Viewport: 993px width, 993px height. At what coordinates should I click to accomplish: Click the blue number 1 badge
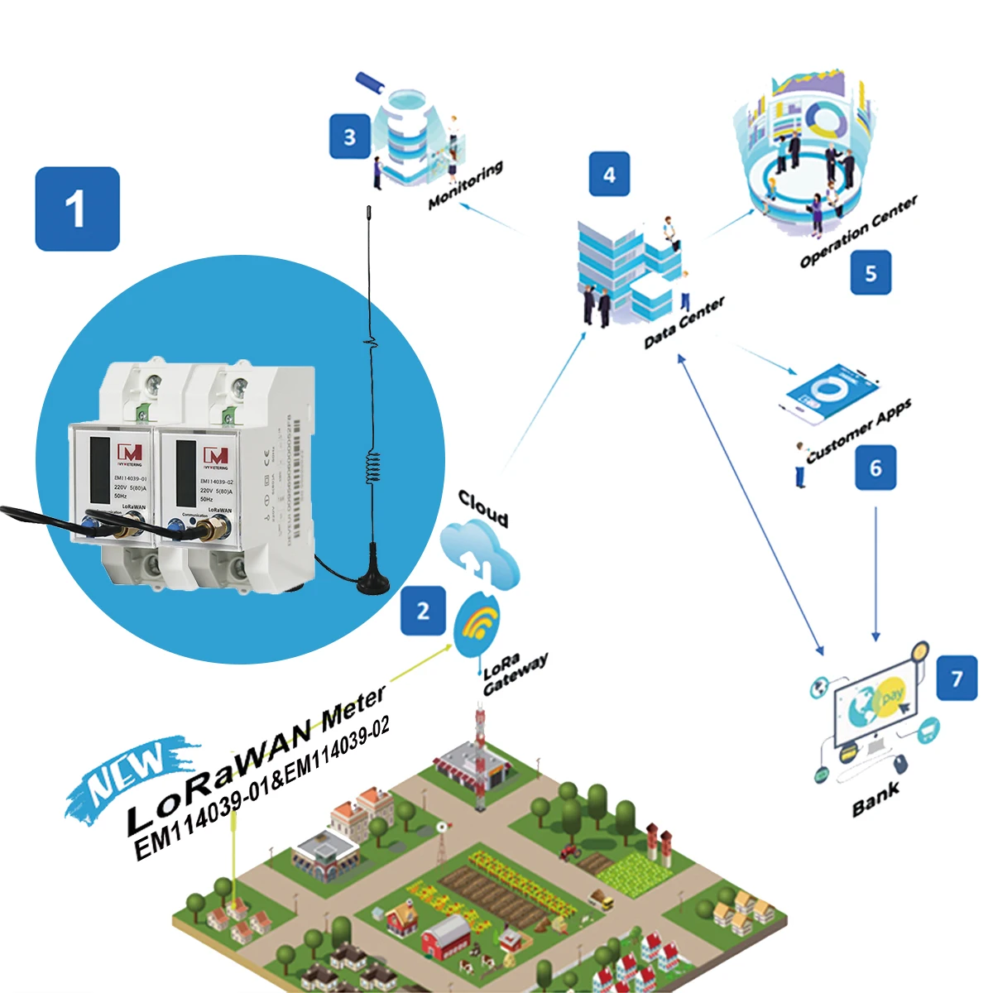[x=77, y=209]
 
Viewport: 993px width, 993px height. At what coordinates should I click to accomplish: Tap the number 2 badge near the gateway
[x=423, y=611]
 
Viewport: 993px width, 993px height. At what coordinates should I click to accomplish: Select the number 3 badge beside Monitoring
[x=349, y=137]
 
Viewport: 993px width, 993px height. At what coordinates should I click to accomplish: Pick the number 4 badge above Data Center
[x=609, y=175]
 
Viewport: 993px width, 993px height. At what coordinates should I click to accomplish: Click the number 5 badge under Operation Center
[x=871, y=273]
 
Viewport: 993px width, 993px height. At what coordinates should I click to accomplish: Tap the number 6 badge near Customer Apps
[x=875, y=468]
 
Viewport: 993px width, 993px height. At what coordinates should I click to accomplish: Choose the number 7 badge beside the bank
[x=957, y=679]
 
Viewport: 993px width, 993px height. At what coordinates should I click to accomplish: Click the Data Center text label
[x=684, y=322]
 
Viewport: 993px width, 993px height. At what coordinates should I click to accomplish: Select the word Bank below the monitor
[x=875, y=799]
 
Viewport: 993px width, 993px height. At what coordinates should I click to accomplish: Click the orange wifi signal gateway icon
[x=479, y=622]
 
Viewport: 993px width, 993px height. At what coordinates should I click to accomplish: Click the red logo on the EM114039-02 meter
[x=215, y=456]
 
